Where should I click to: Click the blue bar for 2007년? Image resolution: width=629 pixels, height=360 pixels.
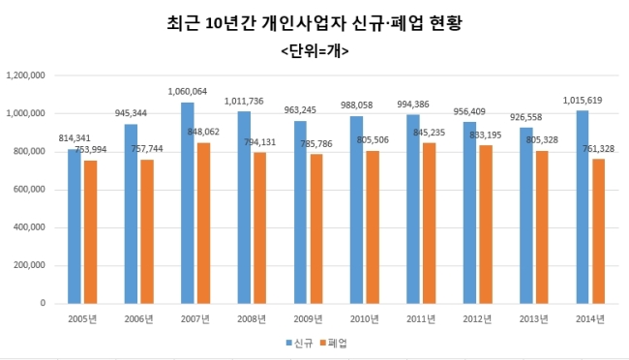[188, 203]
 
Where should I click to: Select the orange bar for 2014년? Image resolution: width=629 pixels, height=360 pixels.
[598, 231]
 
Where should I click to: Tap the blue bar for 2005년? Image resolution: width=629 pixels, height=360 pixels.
[75, 226]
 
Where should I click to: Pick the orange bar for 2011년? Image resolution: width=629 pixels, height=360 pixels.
[430, 224]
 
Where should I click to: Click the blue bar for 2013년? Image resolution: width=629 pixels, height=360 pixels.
[526, 216]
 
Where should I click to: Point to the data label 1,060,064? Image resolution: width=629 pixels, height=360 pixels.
[188, 92]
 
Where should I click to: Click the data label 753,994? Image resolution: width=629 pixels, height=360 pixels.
[91, 150]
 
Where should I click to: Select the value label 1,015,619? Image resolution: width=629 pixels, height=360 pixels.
[583, 101]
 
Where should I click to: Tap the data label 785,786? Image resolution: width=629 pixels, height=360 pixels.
[316, 143]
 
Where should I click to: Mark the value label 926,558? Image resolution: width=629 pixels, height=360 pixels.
[525, 117]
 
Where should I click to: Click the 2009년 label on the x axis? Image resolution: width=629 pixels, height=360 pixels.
[308, 319]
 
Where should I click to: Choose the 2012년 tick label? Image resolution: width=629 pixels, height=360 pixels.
[477, 319]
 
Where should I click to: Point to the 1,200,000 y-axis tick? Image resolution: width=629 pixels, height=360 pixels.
[25, 75]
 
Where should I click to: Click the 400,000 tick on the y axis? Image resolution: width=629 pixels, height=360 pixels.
[29, 227]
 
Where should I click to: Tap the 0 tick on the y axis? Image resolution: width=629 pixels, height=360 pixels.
[43, 304]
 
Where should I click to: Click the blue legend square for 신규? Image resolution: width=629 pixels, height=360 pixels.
[288, 343]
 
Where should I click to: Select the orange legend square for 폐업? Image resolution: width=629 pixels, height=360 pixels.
[323, 343]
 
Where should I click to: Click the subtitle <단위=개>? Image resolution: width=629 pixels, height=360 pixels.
[314, 51]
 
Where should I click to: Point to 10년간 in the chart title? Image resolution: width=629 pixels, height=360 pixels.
[230, 23]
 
